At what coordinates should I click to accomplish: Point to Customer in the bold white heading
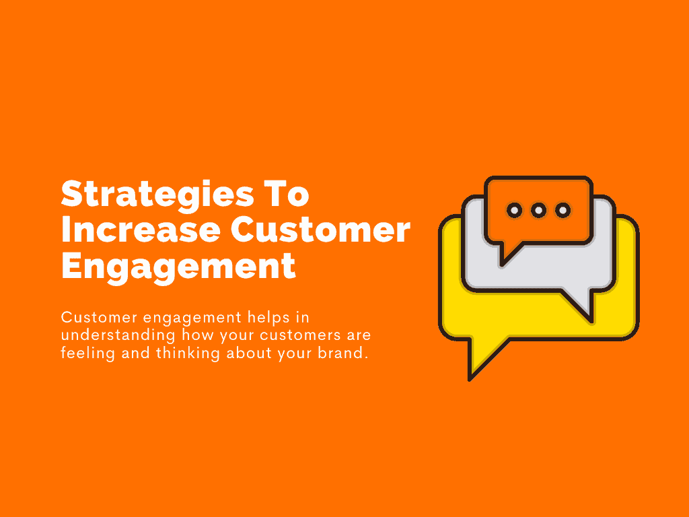320,231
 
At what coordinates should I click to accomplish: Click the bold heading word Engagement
178,267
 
